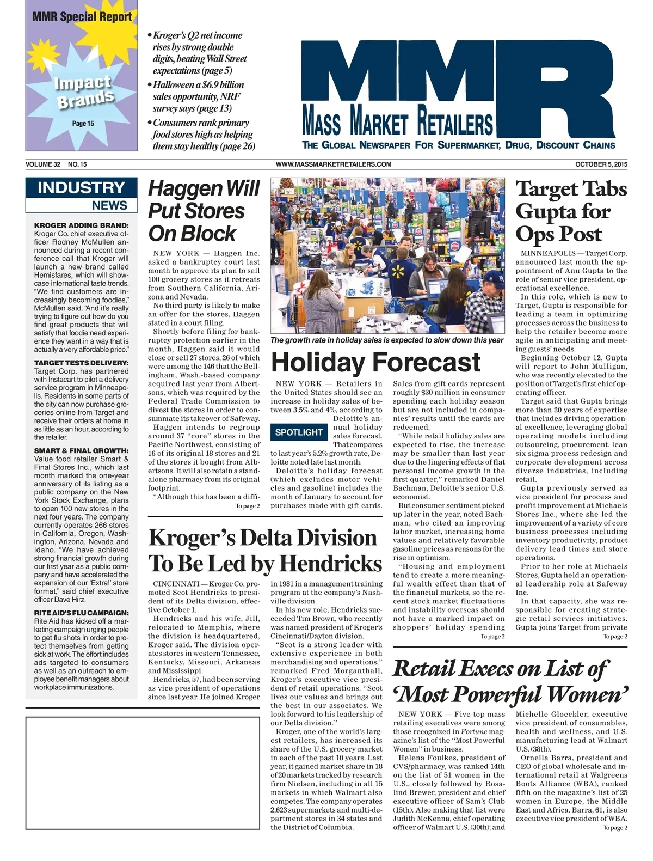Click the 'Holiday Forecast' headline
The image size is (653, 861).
[x=375, y=362]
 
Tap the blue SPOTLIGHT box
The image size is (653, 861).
[x=299, y=432]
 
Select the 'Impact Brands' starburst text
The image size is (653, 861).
[x=84, y=91]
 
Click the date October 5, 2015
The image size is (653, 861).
[x=601, y=164]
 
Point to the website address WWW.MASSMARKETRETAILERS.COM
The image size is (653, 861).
[x=334, y=164]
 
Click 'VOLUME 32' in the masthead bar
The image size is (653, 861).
[x=43, y=164]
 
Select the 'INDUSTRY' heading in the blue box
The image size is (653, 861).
[x=81, y=188]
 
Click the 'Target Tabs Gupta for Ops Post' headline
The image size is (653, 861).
[x=571, y=211]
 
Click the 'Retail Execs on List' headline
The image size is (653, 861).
[x=510, y=681]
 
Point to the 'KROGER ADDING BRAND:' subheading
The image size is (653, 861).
[x=82, y=225]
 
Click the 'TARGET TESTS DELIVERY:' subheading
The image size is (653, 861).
[x=82, y=363]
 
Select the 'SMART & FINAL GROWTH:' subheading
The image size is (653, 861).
[x=82, y=451]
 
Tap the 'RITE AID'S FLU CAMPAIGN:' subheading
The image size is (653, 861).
[x=82, y=613]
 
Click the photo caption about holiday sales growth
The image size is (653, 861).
[x=387, y=340]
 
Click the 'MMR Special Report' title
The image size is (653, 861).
[x=82, y=16]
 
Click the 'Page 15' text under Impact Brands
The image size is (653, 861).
[x=83, y=124]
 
